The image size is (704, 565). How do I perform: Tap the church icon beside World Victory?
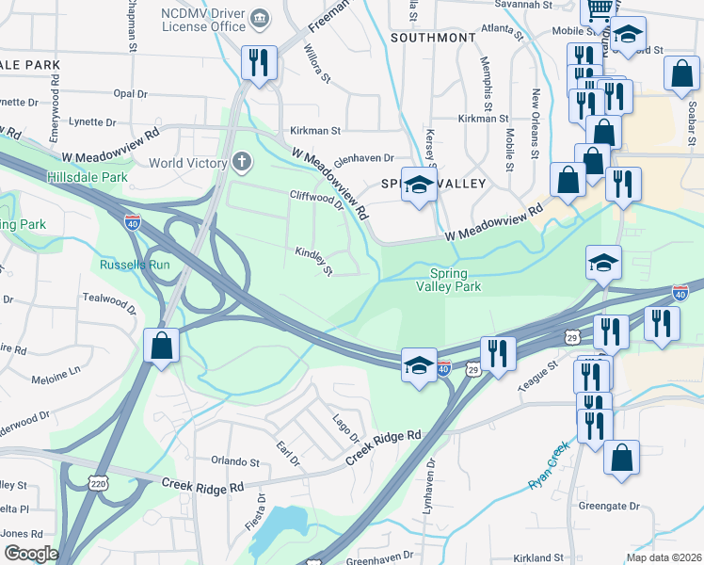point(242,162)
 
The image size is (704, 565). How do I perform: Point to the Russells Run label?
point(135,265)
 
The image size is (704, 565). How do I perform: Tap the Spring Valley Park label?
point(449,280)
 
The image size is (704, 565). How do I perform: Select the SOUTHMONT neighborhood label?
point(433,38)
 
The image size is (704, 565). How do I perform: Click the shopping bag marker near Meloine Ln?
point(162,345)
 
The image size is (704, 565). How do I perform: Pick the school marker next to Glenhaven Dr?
point(418,185)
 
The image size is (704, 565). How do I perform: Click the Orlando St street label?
point(234,461)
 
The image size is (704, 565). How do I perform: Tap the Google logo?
point(31,554)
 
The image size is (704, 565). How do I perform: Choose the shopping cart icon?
point(600,9)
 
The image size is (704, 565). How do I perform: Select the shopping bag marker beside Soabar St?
point(680,74)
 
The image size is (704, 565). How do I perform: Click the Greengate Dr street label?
point(608,506)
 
